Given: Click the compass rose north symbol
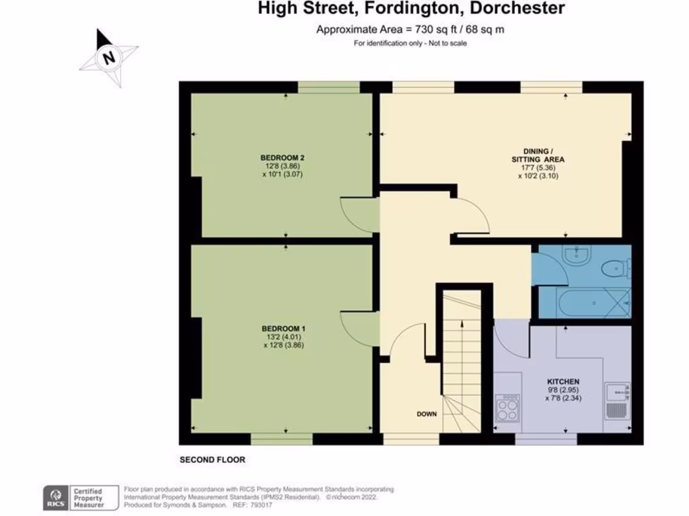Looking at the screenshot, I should (x=108, y=58).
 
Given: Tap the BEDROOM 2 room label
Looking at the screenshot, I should (x=279, y=158).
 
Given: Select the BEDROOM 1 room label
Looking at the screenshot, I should (x=279, y=329).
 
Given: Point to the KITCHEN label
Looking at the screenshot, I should (x=563, y=382).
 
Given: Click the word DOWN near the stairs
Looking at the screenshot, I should (x=427, y=414).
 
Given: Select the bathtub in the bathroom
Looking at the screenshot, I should (x=583, y=303).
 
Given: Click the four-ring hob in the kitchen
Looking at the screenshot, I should (x=506, y=406).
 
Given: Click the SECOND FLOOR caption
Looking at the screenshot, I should (x=212, y=460).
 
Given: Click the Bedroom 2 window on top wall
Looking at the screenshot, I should (x=329, y=87).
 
